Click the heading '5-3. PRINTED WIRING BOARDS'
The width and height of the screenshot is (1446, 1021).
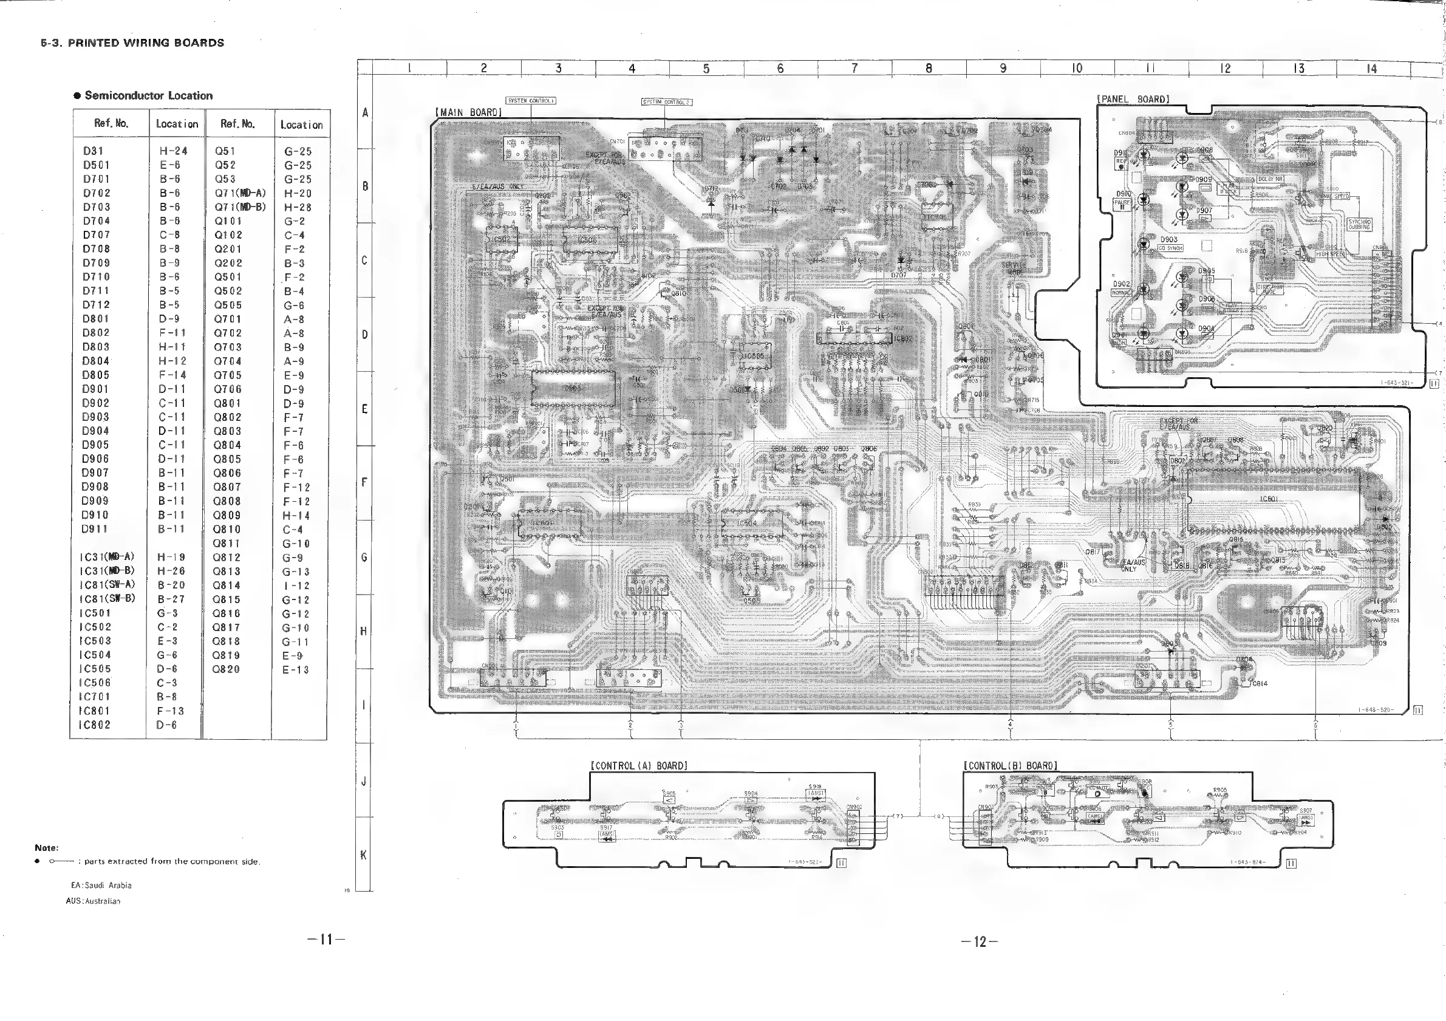pos(132,43)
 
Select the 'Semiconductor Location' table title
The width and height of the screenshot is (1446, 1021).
pos(148,96)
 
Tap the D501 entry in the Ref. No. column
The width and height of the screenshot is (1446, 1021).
pos(97,165)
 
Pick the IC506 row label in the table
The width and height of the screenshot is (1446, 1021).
pos(95,683)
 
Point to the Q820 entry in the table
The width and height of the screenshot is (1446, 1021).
pos(227,669)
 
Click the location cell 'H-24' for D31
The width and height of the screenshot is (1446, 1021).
pos(173,151)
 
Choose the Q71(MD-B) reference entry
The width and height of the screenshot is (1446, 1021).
pos(240,207)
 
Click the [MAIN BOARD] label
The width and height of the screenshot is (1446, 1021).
pos(468,112)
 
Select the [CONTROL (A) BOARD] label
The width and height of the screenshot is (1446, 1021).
pos(639,766)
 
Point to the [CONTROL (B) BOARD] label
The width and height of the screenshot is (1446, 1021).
pos(1010,766)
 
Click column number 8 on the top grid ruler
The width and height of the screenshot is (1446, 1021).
pos(929,68)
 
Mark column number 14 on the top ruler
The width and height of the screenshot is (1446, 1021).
pos(1372,68)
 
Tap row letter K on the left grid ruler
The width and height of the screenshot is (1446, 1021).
pos(363,855)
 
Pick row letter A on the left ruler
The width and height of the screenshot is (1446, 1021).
pos(364,113)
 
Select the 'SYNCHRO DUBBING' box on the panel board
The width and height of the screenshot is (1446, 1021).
pos(1359,224)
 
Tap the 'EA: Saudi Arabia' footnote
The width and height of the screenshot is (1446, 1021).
pos(101,885)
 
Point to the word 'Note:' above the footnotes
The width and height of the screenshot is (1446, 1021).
pos(47,848)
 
